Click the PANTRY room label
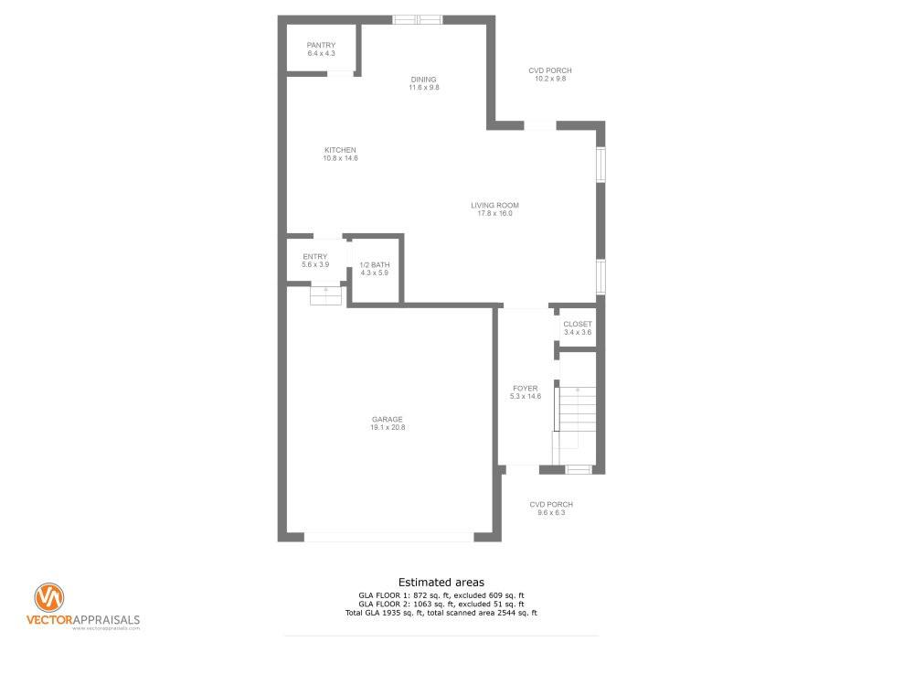tap(321, 45)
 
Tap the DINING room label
tap(424, 80)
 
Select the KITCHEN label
tap(340, 150)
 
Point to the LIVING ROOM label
tap(494, 206)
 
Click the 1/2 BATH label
tap(374, 265)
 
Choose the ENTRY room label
tap(315, 257)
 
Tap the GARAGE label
tap(388, 419)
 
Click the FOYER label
tap(526, 388)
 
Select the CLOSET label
tap(578, 324)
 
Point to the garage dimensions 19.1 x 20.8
tap(388, 427)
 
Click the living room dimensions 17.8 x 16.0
tap(494, 214)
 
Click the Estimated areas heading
tap(441, 583)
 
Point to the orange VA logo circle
tap(49, 597)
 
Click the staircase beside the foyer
tap(575, 417)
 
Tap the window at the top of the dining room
tap(418, 20)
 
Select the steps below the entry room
tap(325, 295)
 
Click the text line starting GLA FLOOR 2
tap(441, 604)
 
